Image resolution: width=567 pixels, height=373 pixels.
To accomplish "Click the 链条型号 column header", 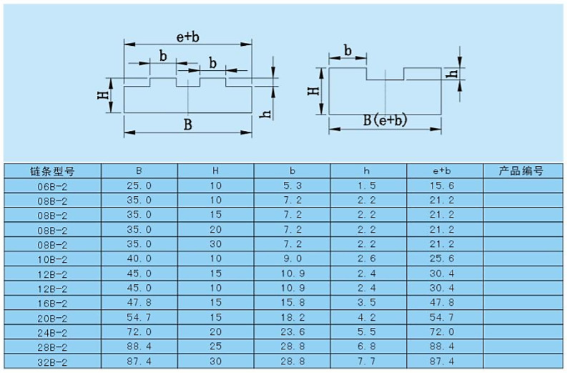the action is (x=52, y=171).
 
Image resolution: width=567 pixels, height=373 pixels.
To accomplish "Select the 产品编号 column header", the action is (x=521, y=171).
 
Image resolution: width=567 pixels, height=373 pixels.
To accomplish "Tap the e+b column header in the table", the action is (x=443, y=171).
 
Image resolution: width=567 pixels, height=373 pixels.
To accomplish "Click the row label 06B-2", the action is (x=52, y=186).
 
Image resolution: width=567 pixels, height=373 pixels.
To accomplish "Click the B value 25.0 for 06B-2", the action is (x=139, y=186).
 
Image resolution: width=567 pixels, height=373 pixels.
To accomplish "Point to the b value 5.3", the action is (x=292, y=186).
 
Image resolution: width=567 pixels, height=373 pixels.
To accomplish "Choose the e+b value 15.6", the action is (x=443, y=186).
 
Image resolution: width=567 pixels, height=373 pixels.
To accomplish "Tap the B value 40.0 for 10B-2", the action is (x=139, y=260).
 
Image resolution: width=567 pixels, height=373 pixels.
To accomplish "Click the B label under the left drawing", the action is (x=187, y=125).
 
